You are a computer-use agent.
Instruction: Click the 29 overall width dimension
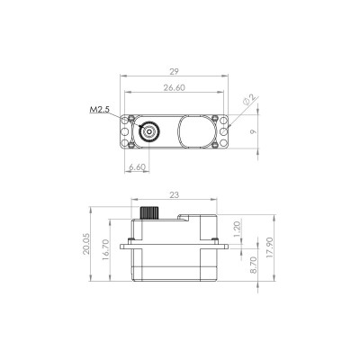coord(174,72)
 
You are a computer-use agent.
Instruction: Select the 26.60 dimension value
coord(175,87)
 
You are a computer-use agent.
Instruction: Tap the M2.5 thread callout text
coord(99,110)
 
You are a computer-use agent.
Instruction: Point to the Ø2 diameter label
coord(249,100)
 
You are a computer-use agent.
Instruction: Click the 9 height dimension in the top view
coord(253,131)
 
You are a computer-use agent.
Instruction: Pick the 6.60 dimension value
coord(137,167)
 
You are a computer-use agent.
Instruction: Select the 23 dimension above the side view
coord(174,195)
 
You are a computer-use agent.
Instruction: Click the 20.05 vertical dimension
coord(86,244)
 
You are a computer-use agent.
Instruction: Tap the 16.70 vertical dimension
coord(105,249)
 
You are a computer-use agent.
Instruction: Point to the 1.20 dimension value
coord(237,229)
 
